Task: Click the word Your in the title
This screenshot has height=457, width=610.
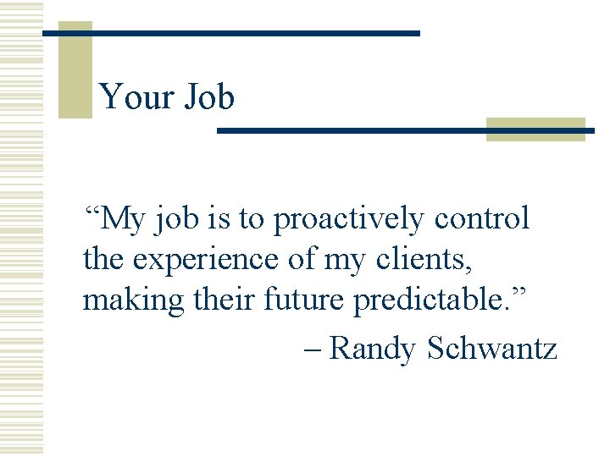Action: (x=132, y=98)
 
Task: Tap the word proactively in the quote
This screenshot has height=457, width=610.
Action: (x=349, y=219)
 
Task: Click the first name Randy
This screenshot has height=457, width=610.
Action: (x=373, y=347)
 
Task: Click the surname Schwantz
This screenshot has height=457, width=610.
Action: (x=492, y=347)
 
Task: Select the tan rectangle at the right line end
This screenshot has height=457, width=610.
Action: (x=535, y=129)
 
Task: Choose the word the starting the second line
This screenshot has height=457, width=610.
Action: (x=103, y=260)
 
